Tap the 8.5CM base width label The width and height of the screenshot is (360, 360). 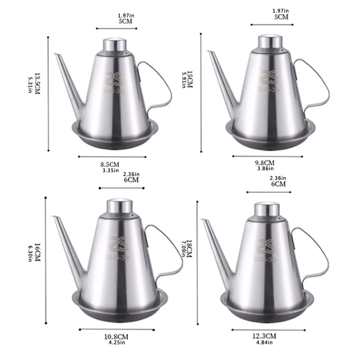[109, 164]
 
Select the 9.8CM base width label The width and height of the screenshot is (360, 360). [264, 163]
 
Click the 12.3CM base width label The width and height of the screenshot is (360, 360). [265, 336]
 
